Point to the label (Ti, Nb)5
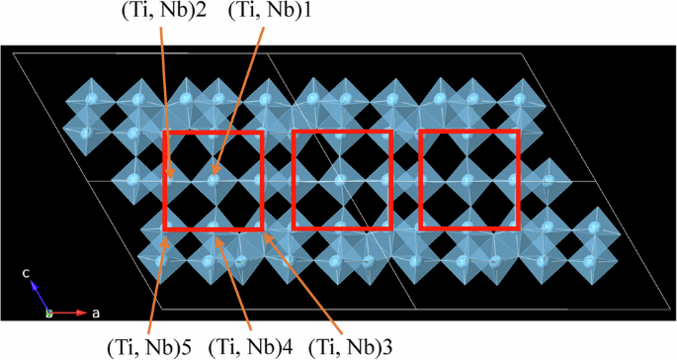[x=153, y=346]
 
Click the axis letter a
[x=96, y=313]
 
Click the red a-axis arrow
[x=69, y=314]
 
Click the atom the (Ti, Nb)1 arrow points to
[x=213, y=178]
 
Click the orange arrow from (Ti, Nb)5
[x=155, y=282]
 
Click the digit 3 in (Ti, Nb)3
[x=399, y=346]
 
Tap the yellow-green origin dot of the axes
[x=49, y=314]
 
